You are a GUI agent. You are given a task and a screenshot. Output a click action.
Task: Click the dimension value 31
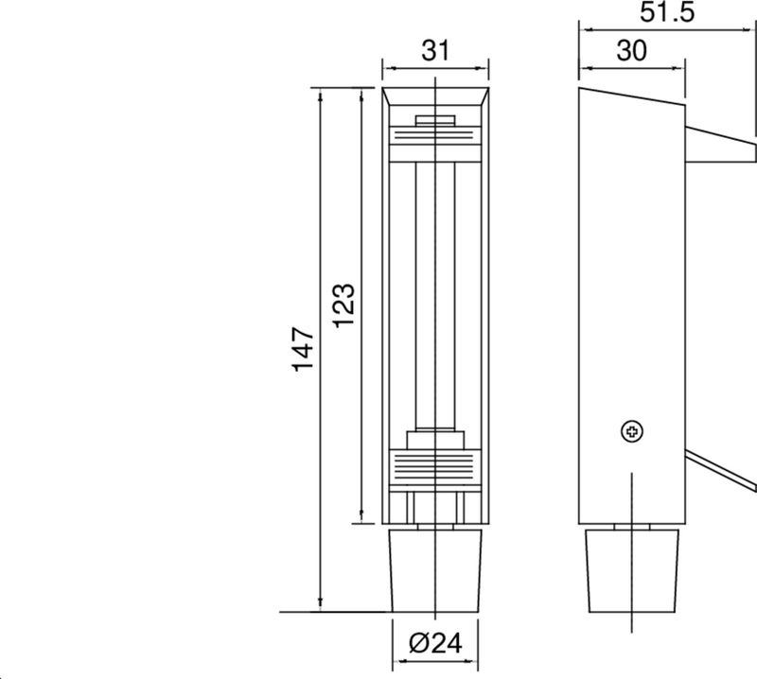pyautogui.click(x=434, y=53)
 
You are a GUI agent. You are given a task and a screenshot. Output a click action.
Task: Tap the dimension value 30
pyautogui.click(x=631, y=52)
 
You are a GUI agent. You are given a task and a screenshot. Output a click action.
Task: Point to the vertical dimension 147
pyautogui.click(x=303, y=349)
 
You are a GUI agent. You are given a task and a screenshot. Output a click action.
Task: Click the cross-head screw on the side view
pyautogui.click(x=631, y=432)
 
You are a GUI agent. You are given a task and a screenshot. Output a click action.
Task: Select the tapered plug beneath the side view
pyautogui.click(x=631, y=568)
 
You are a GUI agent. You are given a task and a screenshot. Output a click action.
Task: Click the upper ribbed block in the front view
pyautogui.click(x=434, y=137)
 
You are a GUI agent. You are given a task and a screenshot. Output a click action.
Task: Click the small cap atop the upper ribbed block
pyautogui.click(x=434, y=120)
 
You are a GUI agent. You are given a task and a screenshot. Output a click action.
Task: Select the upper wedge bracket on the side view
pyautogui.click(x=719, y=142)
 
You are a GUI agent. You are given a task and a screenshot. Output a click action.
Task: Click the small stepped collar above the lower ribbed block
pyautogui.click(x=434, y=440)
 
